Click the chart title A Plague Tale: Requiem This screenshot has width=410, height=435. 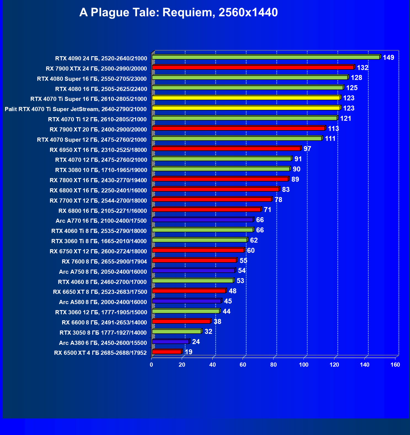tap(178, 12)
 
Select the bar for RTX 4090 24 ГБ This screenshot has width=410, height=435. tap(266, 57)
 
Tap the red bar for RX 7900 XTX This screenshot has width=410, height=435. tap(253, 68)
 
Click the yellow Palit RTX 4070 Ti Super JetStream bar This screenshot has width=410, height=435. tap(246, 108)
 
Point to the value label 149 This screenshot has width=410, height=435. tap(388, 58)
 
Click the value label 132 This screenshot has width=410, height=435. tap(363, 68)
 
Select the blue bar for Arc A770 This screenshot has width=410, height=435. tap(203, 220)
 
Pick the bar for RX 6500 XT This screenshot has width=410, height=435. tap(167, 352)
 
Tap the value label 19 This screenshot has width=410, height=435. tap(189, 352)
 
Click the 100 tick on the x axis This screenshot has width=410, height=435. tap(304, 365)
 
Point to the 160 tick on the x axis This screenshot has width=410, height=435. tap(395, 365)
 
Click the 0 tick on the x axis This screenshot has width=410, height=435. tap(151, 365)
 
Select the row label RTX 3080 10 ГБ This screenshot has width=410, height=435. tap(101, 170)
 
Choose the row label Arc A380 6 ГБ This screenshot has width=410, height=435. tap(103, 343)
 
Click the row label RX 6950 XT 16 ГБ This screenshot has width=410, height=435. tap(98, 150)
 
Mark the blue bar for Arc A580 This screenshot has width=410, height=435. tap(186, 301)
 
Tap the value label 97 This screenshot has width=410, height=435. tap(307, 149)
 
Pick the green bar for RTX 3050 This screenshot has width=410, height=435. tap(177, 331)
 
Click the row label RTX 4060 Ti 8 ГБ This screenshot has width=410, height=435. tap(99, 231)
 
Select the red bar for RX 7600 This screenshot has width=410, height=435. tap(194, 261)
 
